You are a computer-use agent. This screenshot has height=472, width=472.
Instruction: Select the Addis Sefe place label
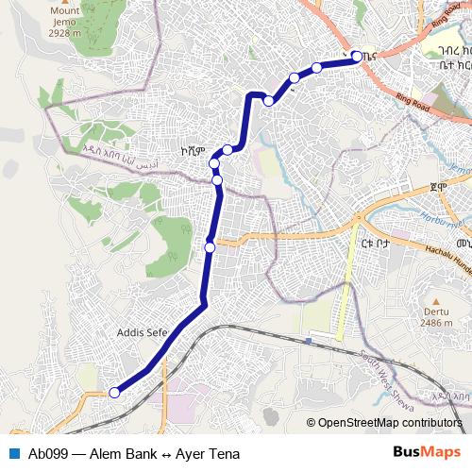(x=143, y=333)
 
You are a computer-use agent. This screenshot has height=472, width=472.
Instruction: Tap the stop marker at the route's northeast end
(x=357, y=56)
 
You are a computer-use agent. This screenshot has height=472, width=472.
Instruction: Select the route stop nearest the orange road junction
(x=210, y=247)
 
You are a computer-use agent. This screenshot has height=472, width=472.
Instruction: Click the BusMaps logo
(x=426, y=453)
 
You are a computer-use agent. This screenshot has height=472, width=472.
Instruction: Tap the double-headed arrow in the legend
(x=168, y=454)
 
